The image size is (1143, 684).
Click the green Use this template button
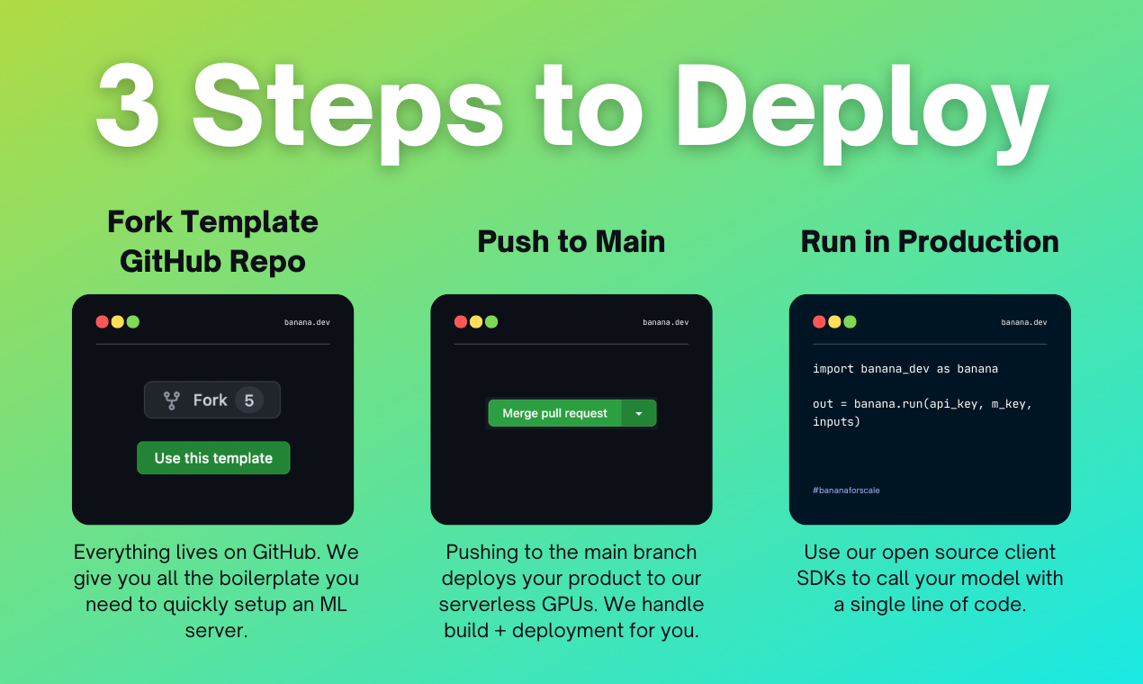[213, 458]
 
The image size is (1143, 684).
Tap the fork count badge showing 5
[249, 400]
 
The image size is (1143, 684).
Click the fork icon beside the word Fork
[171, 400]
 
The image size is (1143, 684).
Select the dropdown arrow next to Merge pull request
[639, 413]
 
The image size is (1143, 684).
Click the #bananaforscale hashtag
[846, 490]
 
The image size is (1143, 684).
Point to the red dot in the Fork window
[102, 322]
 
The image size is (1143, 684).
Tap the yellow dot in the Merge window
[476, 322]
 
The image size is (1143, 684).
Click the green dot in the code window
[850, 322]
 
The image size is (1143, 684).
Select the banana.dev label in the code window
[1024, 322]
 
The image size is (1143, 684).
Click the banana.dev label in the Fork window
[307, 322]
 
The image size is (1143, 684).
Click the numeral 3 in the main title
[128, 105]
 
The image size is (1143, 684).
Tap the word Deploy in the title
[862, 112]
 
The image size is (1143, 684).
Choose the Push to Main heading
[571, 241]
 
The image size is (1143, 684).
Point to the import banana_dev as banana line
[905, 369]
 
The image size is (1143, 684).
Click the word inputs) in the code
[836, 422]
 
